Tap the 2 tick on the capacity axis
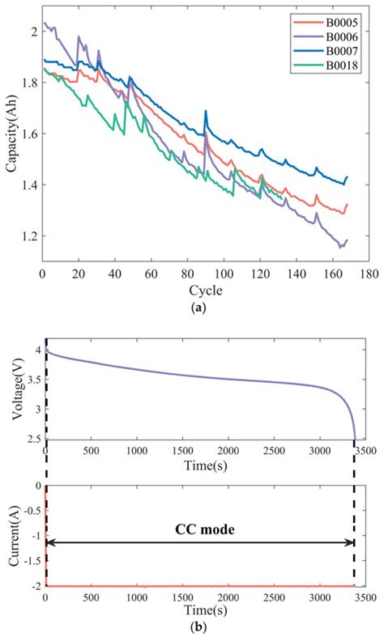(33, 32)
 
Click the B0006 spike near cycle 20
(79, 36)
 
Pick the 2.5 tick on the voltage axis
(32, 438)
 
